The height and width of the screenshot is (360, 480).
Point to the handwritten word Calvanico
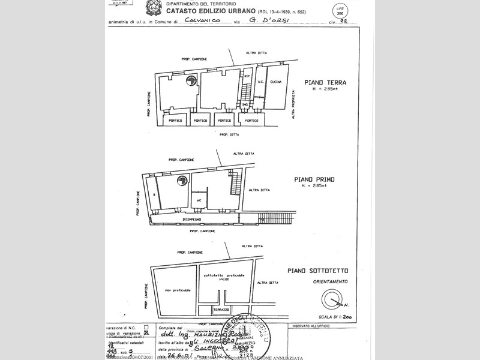[x=203, y=21]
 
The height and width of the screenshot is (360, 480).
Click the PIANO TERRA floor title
[x=325, y=83]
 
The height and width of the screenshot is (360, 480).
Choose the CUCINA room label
[x=275, y=82]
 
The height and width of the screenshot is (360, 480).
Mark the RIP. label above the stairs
[x=246, y=77]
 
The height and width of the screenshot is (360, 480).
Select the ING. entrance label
[x=245, y=105]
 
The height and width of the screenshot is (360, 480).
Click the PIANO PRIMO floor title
[x=315, y=179]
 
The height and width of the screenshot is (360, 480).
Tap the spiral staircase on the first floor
[x=181, y=181]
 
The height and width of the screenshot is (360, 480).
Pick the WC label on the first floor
[x=198, y=200]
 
